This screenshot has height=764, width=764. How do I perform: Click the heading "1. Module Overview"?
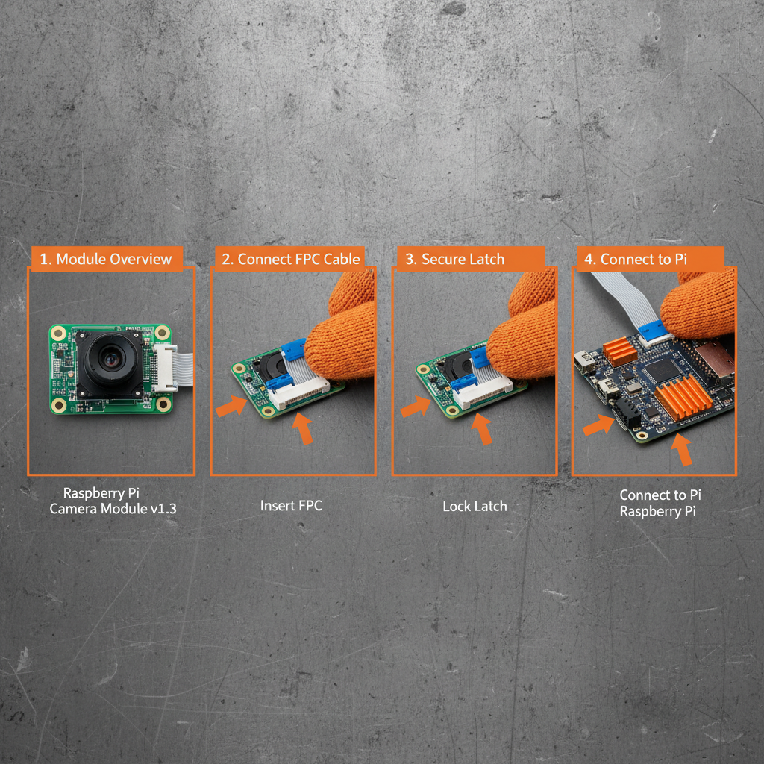pyautogui.click(x=106, y=259)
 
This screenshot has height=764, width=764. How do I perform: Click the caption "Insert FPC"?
pyautogui.click(x=291, y=506)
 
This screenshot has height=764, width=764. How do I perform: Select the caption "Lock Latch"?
pyautogui.click(x=475, y=506)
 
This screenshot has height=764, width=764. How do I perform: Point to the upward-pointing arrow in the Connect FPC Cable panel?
pyautogui.click(x=302, y=428)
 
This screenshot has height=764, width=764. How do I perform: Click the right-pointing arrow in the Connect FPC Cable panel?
pyautogui.click(x=231, y=405)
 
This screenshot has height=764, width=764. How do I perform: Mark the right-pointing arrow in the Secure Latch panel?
pyautogui.click(x=416, y=407)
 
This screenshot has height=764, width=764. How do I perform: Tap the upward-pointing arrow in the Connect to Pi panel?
pyautogui.click(x=682, y=450)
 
